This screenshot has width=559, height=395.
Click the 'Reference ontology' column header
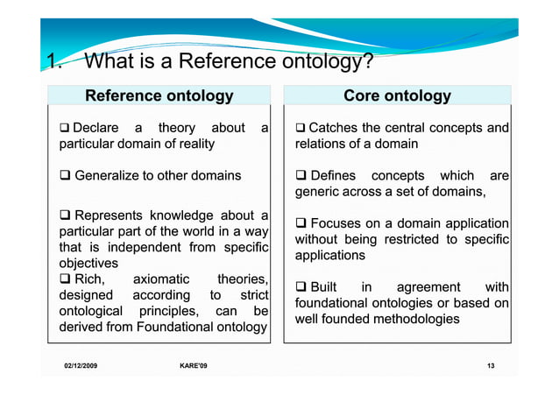click(159, 95)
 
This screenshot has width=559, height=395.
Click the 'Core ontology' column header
click(398, 95)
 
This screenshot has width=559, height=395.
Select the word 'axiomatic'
click(160, 279)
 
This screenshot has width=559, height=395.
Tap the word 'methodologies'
click(414, 319)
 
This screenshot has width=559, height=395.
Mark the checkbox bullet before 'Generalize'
click(64, 175)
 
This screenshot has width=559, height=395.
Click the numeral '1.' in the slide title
click(54, 63)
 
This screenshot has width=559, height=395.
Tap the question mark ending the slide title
click(369, 63)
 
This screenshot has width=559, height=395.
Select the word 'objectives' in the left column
click(88, 263)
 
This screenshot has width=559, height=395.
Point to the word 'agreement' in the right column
click(428, 287)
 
